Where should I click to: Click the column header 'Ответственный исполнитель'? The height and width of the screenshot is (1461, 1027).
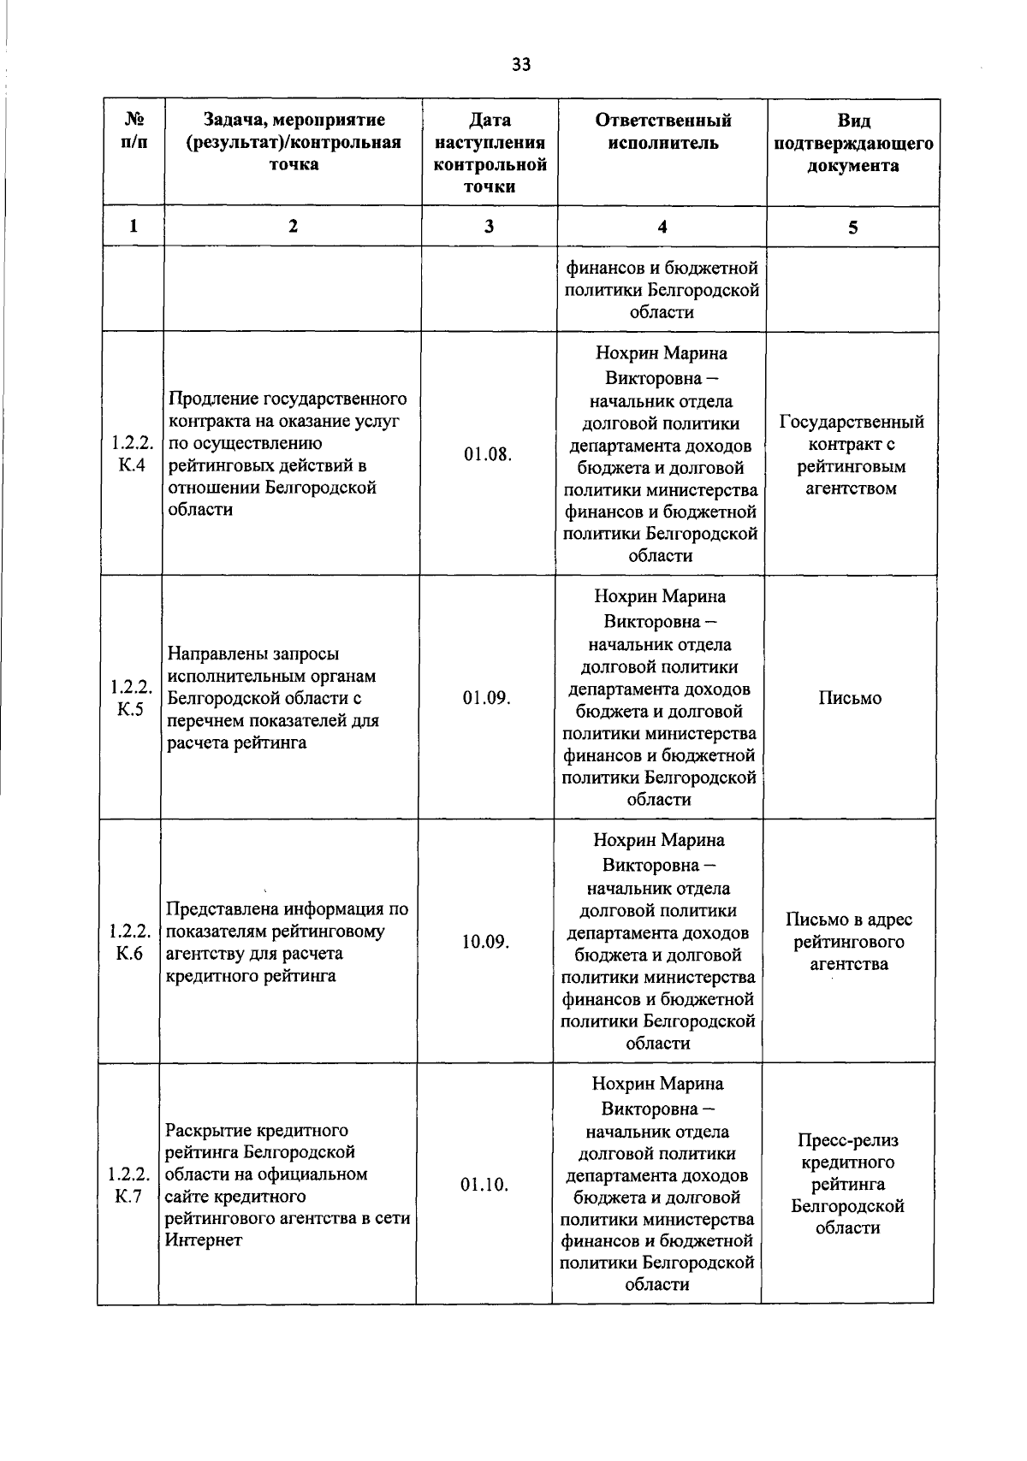click(x=662, y=132)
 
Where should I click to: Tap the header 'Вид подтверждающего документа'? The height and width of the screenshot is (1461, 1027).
click(x=852, y=143)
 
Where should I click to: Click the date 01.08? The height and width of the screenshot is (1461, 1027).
click(x=488, y=454)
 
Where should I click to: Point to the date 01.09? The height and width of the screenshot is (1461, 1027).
click(x=487, y=698)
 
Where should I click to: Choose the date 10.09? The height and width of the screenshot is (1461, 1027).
click(x=486, y=942)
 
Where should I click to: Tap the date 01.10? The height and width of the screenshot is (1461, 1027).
click(x=484, y=1185)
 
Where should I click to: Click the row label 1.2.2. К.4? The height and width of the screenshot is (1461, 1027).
click(x=131, y=455)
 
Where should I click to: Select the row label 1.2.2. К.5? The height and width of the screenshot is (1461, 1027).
click(x=130, y=698)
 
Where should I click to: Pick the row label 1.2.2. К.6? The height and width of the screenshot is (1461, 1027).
click(x=129, y=942)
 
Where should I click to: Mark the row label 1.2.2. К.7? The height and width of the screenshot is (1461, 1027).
click(x=128, y=1185)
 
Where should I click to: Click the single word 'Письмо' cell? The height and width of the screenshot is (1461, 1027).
click(x=850, y=698)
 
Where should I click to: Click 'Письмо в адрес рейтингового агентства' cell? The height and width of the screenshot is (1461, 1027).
click(x=849, y=942)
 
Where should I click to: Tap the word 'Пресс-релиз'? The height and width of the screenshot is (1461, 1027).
click(x=848, y=1140)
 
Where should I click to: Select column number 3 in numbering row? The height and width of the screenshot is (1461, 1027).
click(x=489, y=227)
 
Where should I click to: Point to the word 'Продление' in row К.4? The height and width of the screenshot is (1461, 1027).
click(x=213, y=399)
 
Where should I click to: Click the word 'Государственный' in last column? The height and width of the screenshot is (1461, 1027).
click(x=852, y=422)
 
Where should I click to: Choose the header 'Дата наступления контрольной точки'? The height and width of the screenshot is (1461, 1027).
click(x=490, y=154)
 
